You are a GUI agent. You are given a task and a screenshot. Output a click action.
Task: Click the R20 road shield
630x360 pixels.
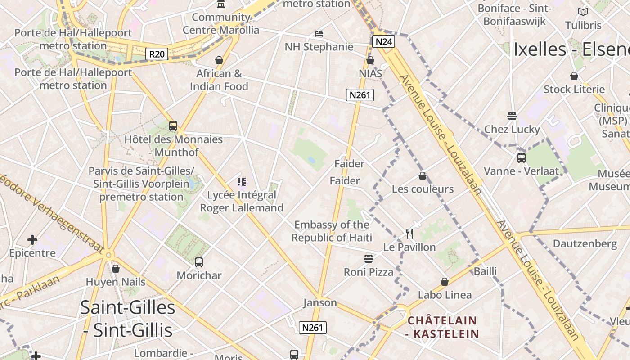pos(157,54)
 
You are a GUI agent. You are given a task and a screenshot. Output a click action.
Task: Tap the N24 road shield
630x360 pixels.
pos(383,42)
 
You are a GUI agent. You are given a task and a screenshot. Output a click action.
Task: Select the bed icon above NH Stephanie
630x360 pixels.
pos(319,34)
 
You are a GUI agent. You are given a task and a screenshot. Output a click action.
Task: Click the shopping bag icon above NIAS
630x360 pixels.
pos(370,60)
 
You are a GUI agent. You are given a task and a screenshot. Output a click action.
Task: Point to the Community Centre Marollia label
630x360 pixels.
pos(221,24)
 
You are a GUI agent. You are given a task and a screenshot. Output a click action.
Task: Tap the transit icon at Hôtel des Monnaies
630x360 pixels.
pos(173,126)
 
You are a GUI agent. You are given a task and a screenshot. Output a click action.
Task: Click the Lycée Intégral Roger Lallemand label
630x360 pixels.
pos(242,201)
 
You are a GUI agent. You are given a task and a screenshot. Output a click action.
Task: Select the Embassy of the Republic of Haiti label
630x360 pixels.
pos(332,231)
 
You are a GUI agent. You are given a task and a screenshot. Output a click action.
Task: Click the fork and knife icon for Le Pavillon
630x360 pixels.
pos(409,234)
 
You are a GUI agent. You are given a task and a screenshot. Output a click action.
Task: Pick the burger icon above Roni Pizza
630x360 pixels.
pos(369,259)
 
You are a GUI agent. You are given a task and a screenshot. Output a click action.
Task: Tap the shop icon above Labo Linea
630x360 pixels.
pos(445,282)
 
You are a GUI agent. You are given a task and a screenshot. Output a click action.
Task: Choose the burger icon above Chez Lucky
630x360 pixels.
pos(512,116)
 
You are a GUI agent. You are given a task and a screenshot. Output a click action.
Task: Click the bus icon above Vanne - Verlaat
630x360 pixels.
pos(521,158)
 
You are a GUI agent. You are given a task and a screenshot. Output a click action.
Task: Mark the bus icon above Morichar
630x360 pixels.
pos(199,262)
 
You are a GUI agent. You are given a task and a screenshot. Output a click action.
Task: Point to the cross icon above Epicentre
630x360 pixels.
pos(32,239)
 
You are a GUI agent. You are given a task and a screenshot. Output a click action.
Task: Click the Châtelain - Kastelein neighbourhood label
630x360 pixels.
pos(442,327)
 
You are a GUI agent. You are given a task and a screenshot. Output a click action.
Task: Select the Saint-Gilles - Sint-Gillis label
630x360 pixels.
pos(128,319)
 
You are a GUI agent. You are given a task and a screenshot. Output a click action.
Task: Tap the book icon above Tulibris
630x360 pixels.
pos(583,12)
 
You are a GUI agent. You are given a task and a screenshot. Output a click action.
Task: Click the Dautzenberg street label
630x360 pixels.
pos(585,243)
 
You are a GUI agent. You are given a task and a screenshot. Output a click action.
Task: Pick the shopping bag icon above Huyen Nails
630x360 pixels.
pos(116,269)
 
